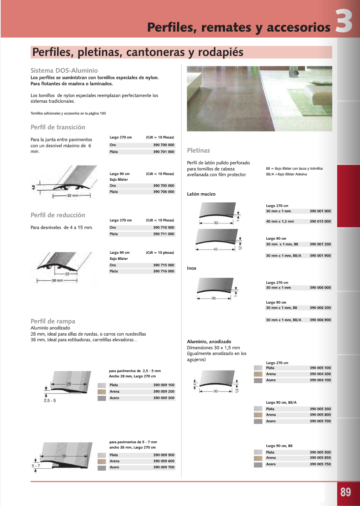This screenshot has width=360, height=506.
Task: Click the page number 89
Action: [x=346, y=492]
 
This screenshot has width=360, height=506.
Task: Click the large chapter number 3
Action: [x=344, y=22]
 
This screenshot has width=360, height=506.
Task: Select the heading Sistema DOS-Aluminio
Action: [x=64, y=70]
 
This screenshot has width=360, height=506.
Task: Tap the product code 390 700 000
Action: [x=164, y=145]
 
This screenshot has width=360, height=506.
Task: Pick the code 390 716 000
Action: [x=164, y=271]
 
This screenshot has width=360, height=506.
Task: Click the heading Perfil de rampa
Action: [x=53, y=321]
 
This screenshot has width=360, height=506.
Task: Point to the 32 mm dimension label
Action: [x=72, y=196]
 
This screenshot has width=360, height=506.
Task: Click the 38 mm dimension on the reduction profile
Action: [x=57, y=280]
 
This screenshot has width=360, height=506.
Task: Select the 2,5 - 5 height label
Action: [x=49, y=401]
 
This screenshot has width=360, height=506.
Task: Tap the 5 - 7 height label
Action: [x=36, y=466]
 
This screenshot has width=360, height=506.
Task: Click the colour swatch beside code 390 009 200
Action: [x=102, y=391]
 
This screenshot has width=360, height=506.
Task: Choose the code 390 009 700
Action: [x=164, y=467]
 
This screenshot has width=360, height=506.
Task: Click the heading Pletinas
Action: [x=198, y=150]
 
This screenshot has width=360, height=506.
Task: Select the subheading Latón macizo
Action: [x=201, y=194]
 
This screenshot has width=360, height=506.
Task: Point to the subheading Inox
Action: [x=191, y=268]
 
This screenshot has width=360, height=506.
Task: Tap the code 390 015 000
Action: [x=320, y=221]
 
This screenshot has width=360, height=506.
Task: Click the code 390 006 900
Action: [x=320, y=320]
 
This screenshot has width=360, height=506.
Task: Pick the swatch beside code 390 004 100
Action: [x=258, y=380]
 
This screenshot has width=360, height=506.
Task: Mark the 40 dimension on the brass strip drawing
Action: [x=215, y=250]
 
